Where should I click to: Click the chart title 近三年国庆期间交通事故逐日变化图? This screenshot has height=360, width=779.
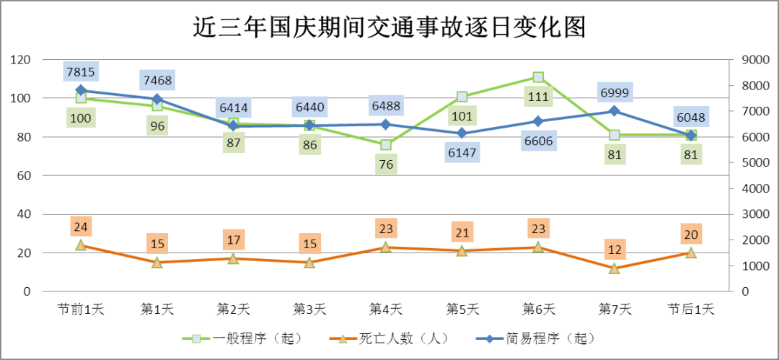[389, 27]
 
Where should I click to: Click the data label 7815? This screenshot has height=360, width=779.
[81, 71]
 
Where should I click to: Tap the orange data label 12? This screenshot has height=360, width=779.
[615, 250]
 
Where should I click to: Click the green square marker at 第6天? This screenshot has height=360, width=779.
[538, 77]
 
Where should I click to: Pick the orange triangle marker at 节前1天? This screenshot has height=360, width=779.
[81, 245]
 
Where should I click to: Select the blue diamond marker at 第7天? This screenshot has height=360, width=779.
[615, 111]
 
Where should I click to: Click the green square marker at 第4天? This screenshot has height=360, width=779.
[386, 144]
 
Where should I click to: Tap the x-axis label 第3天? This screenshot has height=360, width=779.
[309, 309]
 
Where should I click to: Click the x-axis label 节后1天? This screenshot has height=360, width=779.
[691, 309]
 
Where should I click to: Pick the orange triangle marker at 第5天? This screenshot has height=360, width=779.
[462, 251]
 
